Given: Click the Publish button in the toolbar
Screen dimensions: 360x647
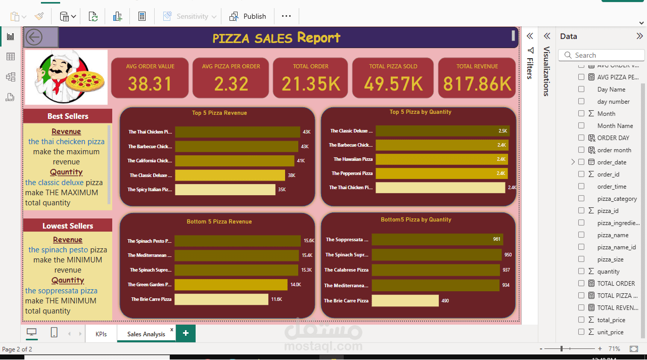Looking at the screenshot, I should tap(248, 16).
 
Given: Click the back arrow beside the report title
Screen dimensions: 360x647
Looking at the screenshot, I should tap(34, 37).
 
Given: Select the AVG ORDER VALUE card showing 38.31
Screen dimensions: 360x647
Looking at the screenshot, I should tap(150, 78).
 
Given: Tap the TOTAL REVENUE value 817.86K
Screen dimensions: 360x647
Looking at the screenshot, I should tap(477, 84).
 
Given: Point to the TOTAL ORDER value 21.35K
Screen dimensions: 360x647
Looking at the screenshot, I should tap(310, 84).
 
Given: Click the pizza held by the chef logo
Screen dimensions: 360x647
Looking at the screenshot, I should tap(85, 81).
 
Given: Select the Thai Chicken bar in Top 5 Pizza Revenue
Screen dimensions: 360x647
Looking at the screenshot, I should tap(237, 132).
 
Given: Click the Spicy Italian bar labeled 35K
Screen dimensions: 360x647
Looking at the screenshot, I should tap(225, 190).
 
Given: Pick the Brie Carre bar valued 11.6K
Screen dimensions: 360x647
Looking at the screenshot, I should tap(221, 299).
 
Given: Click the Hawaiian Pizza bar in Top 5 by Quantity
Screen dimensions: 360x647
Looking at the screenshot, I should tap(442, 159).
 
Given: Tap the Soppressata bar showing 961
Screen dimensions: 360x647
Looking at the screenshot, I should tap(437, 239).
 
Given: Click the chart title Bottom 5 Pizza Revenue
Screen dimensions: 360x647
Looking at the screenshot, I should tap(219, 221).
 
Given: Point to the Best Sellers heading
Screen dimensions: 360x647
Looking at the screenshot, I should tap(68, 116).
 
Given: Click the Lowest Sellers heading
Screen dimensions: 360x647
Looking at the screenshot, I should tap(68, 226).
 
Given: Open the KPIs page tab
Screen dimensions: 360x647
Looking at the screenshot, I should tap(101, 334).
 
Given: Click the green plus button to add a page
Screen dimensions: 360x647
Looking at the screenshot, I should tap(186, 333).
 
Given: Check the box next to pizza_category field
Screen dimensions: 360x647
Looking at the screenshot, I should tap(581, 199).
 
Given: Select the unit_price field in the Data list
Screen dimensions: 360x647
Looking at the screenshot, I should tap(610, 332).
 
